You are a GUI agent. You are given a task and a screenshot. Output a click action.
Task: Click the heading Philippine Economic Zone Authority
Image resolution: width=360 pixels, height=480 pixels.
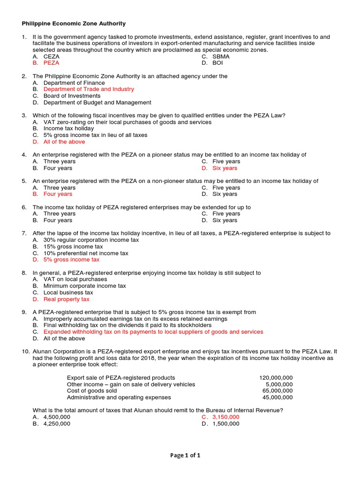point(74,23)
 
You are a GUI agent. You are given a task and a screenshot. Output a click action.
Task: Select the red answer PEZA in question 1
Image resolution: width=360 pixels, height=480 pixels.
point(51,63)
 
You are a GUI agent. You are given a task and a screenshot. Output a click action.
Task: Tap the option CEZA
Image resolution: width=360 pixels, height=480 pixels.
point(52,56)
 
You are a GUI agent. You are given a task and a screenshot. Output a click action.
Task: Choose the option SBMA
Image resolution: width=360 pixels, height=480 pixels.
point(221,56)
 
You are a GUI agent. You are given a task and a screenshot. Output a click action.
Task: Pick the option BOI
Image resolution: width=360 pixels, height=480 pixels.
point(217,63)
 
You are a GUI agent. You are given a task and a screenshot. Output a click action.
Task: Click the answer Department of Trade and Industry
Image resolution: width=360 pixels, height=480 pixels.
point(89,89)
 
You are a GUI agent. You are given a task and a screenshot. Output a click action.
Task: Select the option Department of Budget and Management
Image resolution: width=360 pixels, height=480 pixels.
point(97,102)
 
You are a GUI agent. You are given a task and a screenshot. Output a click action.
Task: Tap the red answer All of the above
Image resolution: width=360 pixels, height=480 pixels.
point(64,142)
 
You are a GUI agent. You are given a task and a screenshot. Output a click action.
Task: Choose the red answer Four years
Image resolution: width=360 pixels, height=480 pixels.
point(58,194)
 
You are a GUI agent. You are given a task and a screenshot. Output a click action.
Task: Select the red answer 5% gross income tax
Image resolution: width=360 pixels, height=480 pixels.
point(71,259)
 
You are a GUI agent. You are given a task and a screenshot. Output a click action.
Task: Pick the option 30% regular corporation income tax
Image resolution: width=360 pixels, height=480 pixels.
point(91,240)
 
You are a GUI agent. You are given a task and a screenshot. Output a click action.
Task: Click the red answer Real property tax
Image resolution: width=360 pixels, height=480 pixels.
point(66,299)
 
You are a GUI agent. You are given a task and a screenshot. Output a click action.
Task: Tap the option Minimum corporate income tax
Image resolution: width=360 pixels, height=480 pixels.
point(84,285)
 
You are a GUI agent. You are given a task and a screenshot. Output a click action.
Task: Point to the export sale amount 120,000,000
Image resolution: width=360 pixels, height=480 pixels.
point(276,378)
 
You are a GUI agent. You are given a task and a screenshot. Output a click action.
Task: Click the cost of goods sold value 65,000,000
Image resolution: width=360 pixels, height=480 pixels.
point(277,390)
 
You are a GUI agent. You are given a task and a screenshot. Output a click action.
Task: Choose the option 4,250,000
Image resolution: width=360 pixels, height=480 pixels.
point(57,423)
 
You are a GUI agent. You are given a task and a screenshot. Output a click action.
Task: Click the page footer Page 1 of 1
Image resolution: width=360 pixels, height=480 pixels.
point(180,455)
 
